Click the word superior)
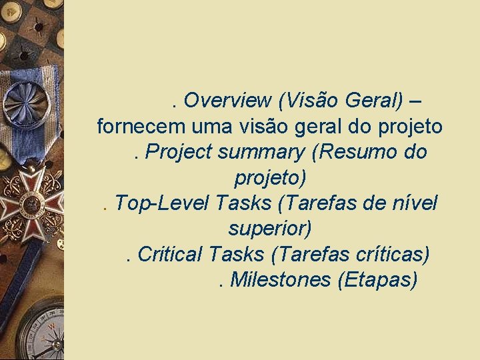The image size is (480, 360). click(270, 229)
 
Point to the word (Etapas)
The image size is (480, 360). click(378, 280)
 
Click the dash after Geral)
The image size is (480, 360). click(416, 101)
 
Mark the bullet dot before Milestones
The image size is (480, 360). click(221, 285)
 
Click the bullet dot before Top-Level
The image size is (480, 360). click(107, 209)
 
